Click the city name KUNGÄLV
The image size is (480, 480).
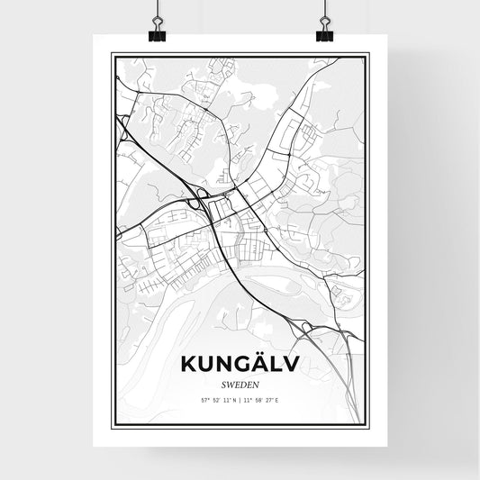click(x=240, y=363)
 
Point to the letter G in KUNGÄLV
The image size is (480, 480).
click(x=240, y=363)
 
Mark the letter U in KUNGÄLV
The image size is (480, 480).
click(x=208, y=363)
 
